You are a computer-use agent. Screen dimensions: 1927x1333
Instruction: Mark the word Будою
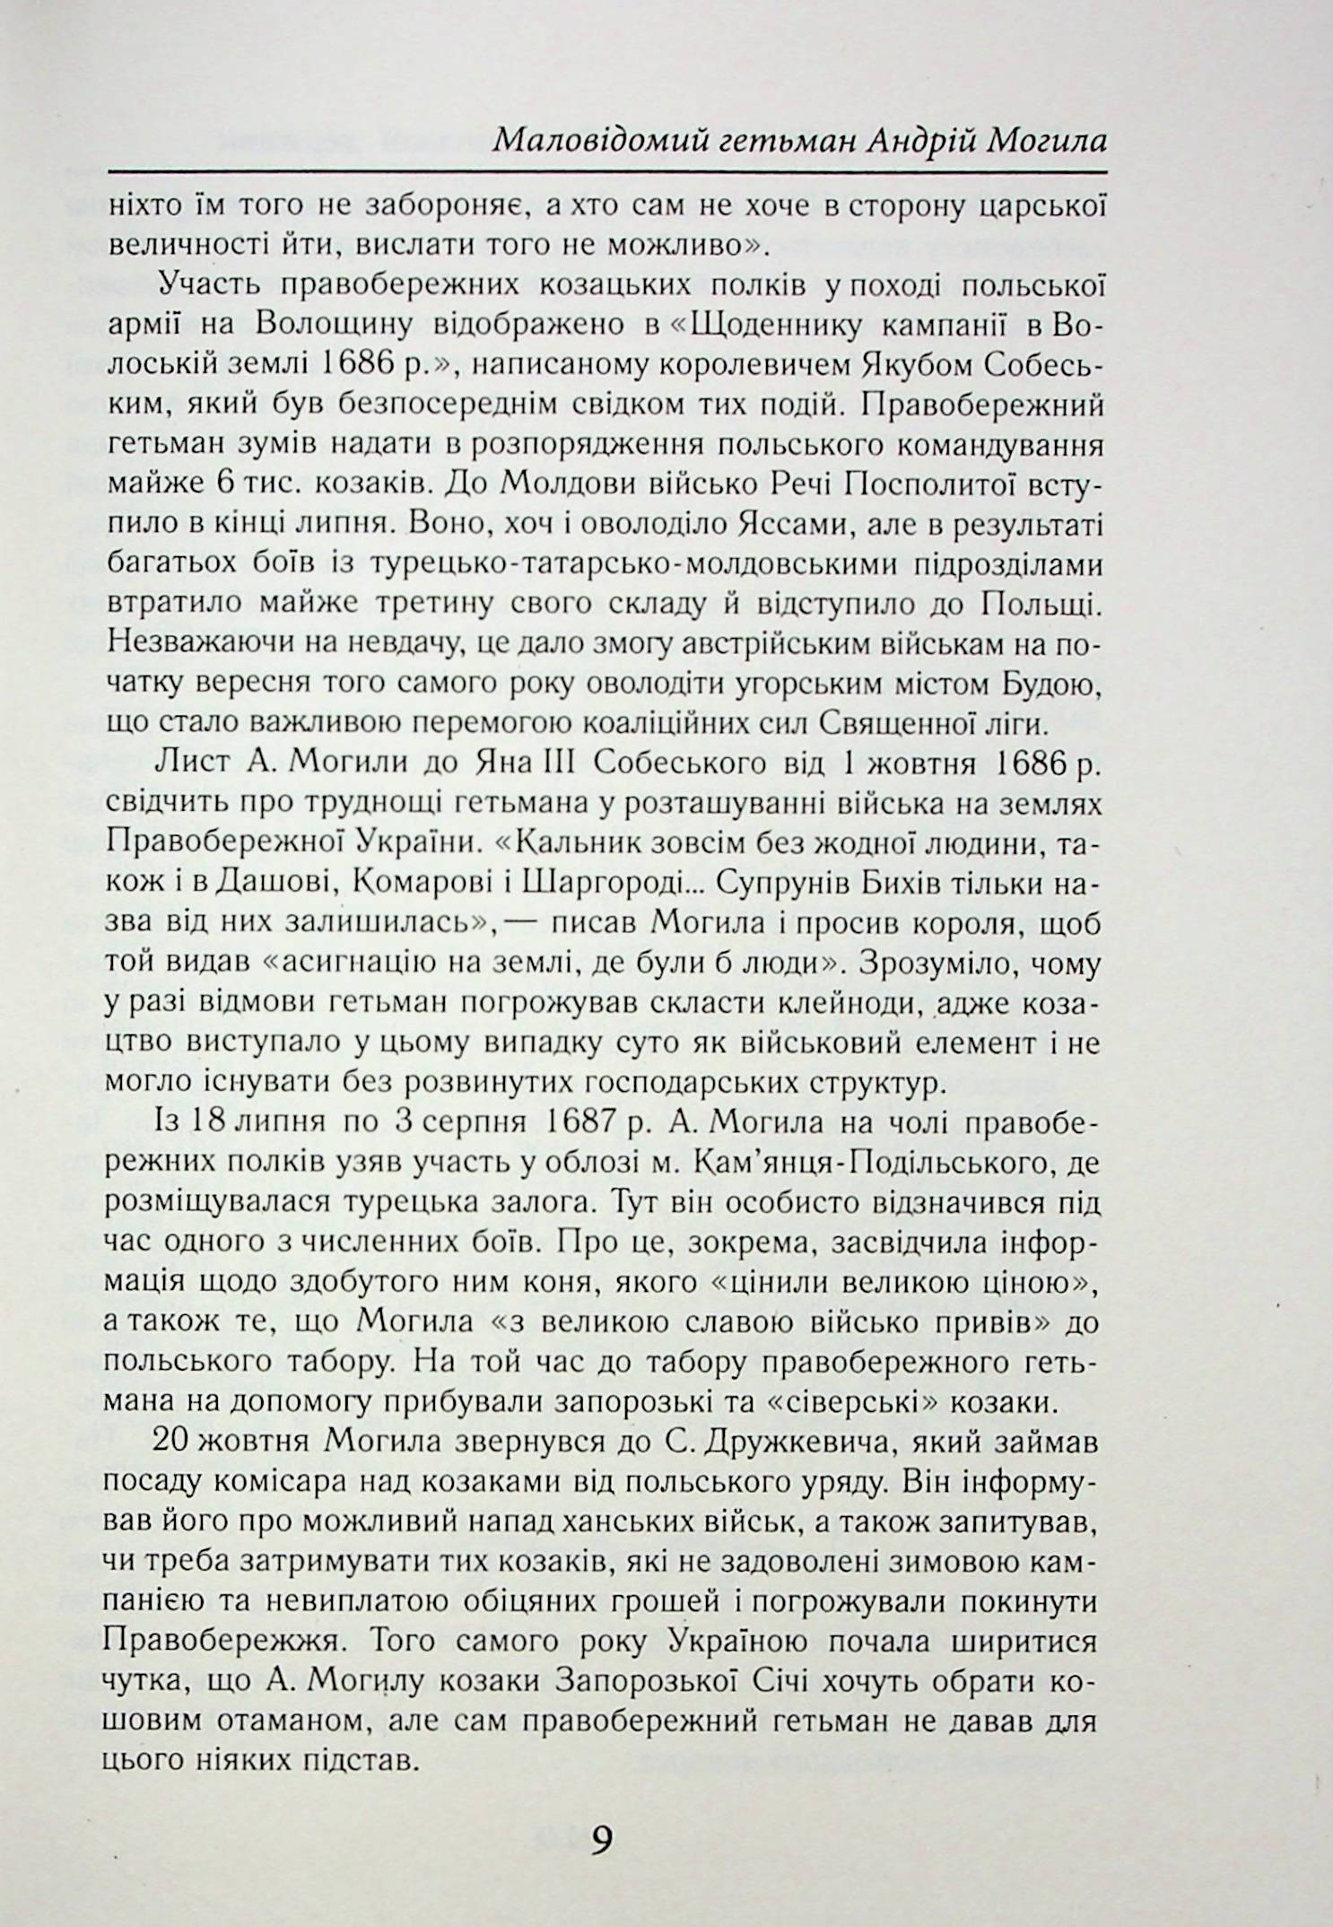(1050, 684)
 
